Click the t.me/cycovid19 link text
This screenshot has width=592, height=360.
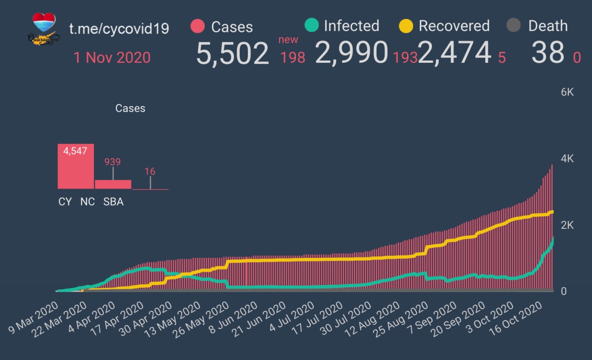click(x=119, y=29)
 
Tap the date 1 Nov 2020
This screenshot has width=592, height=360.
click(x=112, y=57)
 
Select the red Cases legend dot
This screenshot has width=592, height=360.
click(x=197, y=26)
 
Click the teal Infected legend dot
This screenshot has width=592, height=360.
click(x=312, y=25)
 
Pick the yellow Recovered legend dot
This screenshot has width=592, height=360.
click(x=406, y=26)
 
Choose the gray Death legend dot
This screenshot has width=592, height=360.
click(x=514, y=25)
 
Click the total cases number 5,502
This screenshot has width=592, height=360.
click(x=232, y=53)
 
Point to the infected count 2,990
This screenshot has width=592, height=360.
click(x=351, y=52)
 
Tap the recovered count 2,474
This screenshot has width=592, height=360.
click(x=454, y=52)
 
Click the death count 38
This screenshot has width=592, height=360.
click(x=548, y=52)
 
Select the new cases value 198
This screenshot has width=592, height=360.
click(x=292, y=57)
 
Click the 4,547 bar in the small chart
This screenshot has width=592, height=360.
click(x=75, y=166)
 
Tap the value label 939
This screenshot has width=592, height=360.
click(x=112, y=162)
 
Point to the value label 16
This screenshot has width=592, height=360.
click(x=150, y=171)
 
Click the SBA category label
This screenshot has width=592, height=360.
click(x=113, y=202)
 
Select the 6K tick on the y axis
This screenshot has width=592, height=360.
click(x=567, y=92)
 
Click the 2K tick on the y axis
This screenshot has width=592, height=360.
click(x=567, y=225)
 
